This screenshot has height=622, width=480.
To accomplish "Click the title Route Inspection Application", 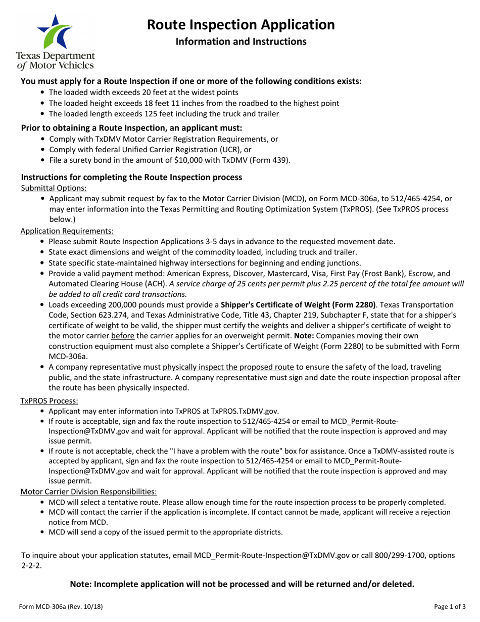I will click(241, 24).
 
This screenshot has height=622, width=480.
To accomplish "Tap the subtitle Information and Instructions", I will click(241, 41).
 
